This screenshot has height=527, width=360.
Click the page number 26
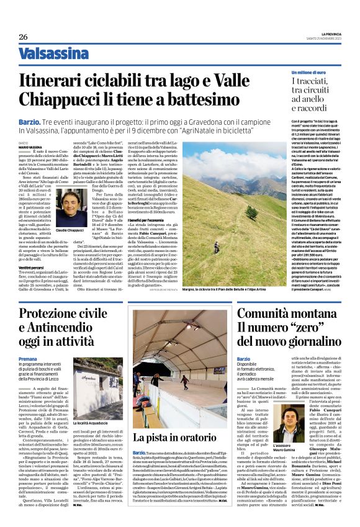(x=23, y=37)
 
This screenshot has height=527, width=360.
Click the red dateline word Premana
(x=27, y=359)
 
